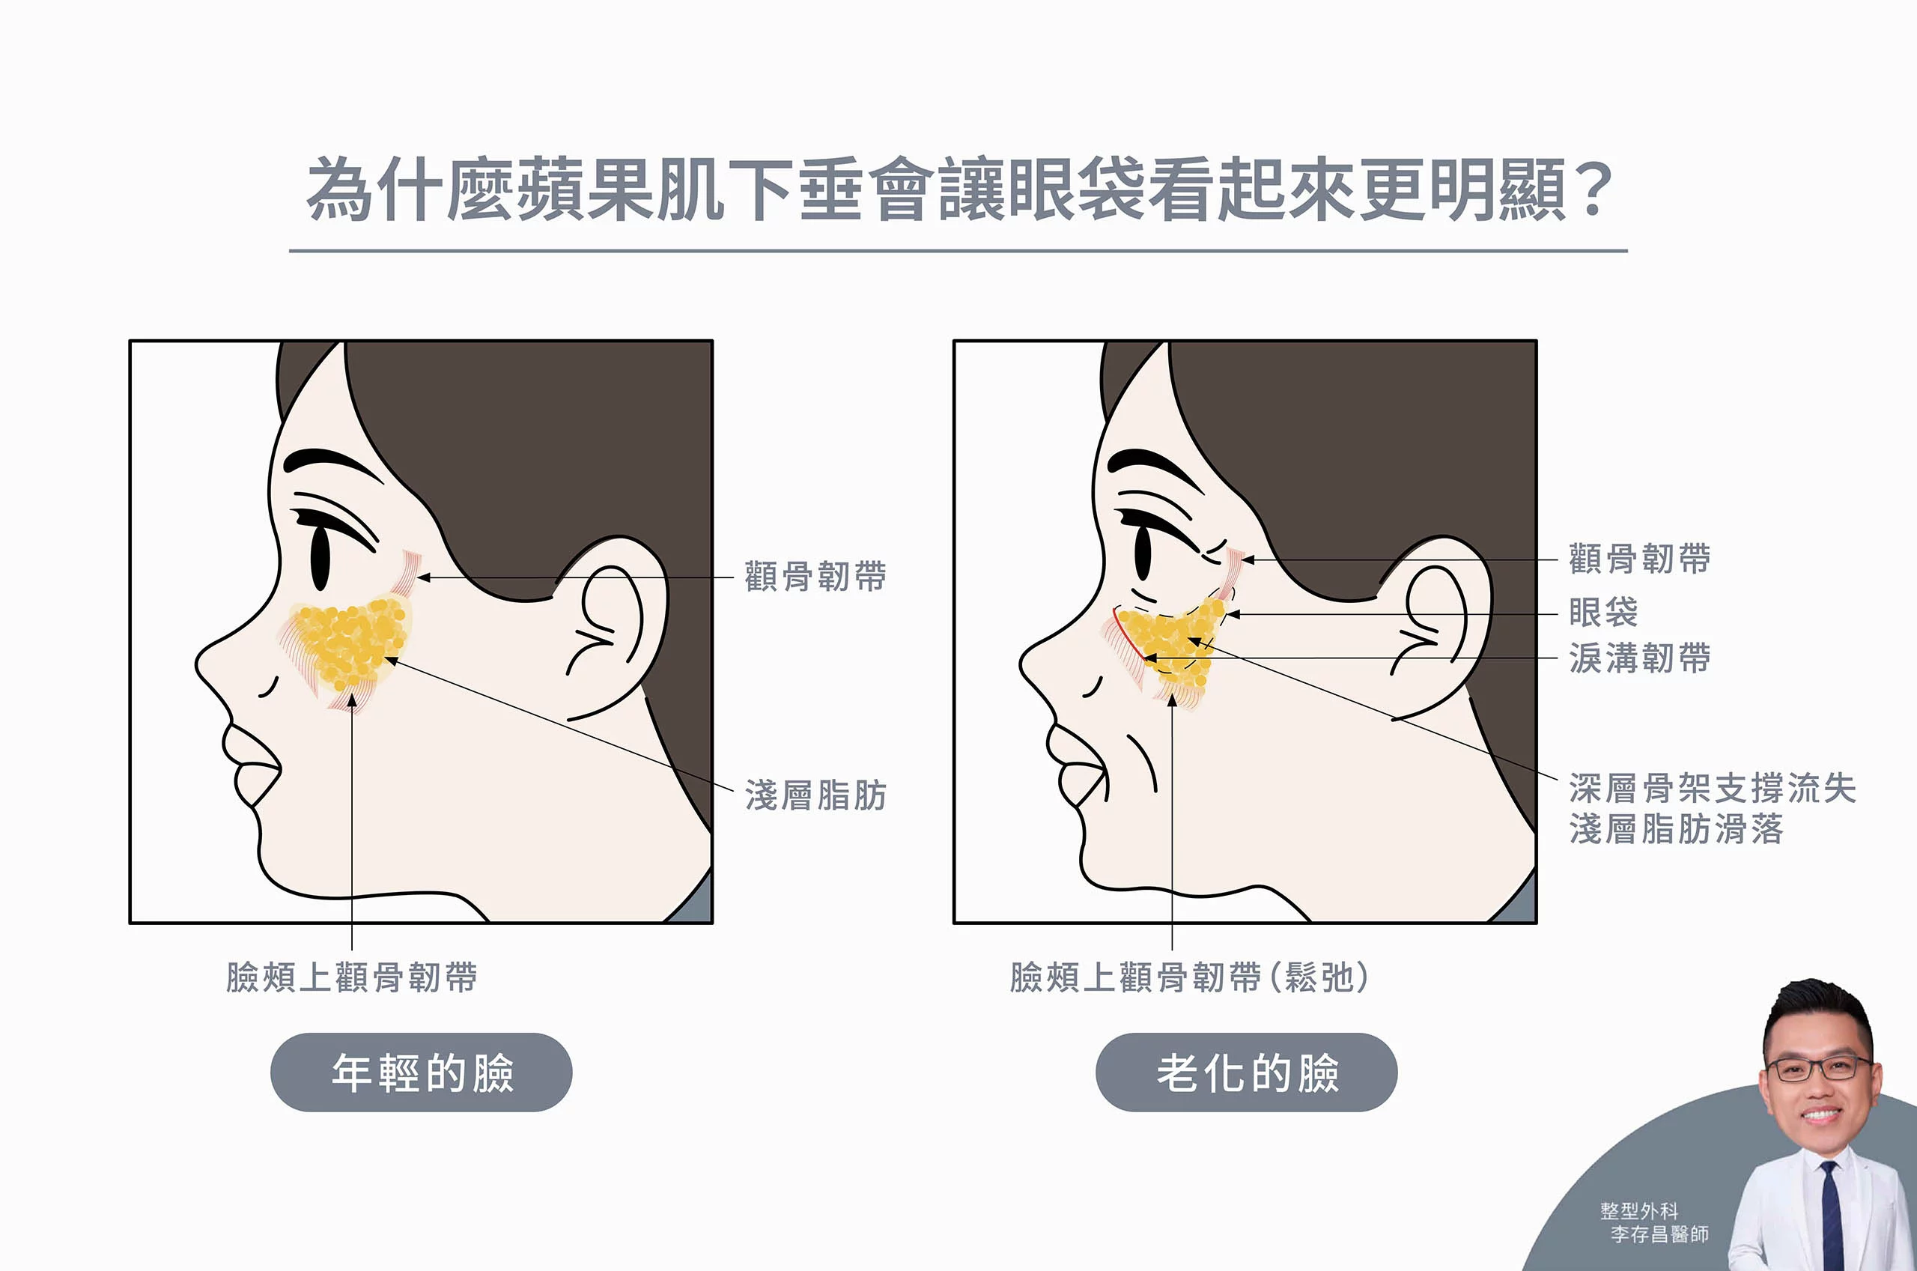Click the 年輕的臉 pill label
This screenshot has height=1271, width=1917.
422,1073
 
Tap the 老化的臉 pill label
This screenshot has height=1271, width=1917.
1246,1073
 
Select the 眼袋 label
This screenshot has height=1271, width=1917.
1602,612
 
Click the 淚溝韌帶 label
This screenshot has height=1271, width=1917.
1639,658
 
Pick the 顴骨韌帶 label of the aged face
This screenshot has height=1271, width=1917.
1639,559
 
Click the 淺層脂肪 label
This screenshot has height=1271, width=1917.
815,795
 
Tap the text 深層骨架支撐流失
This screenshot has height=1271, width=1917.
1712,788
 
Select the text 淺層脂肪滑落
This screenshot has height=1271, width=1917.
1676,829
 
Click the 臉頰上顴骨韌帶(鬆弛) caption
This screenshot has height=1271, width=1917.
1189,977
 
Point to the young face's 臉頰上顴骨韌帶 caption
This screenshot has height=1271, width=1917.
352,977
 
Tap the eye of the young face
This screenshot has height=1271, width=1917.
320,559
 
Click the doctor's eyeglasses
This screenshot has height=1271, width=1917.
1819,1068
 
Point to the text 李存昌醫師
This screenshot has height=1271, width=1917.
1659,1234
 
